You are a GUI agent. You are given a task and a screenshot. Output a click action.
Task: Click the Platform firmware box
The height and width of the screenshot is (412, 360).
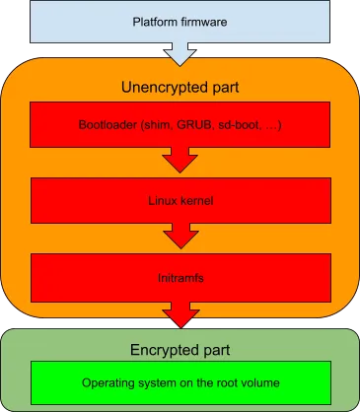coord(180,22)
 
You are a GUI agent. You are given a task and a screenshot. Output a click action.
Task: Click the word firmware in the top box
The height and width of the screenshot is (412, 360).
coord(203,22)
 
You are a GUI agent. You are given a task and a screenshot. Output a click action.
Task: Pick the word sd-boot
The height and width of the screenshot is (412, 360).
coord(235,126)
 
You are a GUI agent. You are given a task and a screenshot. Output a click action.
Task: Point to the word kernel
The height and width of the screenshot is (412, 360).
coord(196,201)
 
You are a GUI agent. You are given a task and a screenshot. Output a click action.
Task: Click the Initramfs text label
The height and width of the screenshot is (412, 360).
coord(180,277)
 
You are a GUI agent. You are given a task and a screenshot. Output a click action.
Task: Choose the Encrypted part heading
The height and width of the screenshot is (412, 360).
coord(180,350)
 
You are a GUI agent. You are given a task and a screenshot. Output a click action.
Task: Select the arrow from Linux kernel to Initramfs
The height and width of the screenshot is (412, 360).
coord(180,238)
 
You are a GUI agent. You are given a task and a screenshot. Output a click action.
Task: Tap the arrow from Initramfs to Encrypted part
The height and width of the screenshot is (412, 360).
coord(180,313)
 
